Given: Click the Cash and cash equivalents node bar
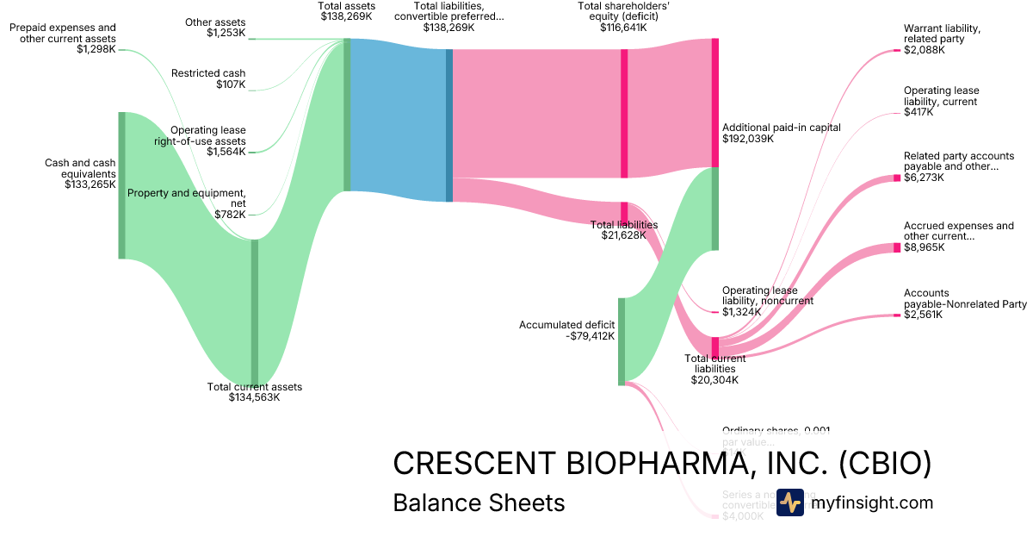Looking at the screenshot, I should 121,184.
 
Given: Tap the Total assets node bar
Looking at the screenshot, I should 347,115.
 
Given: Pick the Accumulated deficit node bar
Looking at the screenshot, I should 621,340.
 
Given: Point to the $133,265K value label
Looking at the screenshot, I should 90,184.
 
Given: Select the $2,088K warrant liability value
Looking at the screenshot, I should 924,50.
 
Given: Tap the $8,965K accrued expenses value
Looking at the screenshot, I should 924,247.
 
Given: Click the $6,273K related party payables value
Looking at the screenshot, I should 924,178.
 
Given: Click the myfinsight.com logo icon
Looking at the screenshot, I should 789,502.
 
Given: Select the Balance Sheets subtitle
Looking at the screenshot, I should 479,502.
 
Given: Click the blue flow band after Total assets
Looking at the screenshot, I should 398,121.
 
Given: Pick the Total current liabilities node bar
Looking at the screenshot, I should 714,346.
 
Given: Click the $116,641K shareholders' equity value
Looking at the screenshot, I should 623,28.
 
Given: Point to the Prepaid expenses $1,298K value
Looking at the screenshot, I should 96,49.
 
